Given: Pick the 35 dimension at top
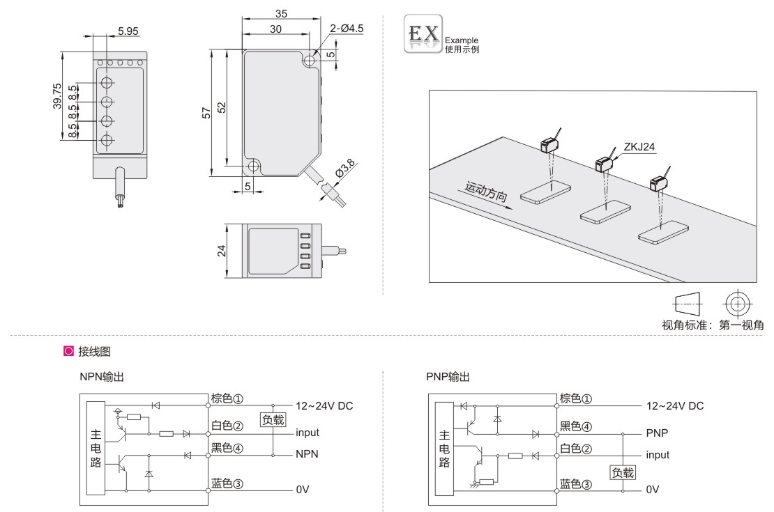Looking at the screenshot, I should coord(281,13).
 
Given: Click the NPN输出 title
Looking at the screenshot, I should coord(103,377).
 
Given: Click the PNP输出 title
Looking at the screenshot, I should coord(448,377).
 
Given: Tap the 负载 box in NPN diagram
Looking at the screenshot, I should coord(273,419).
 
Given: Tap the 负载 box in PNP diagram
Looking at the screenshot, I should coord(623,472).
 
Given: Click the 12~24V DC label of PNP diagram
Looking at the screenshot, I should coord(675,405).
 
